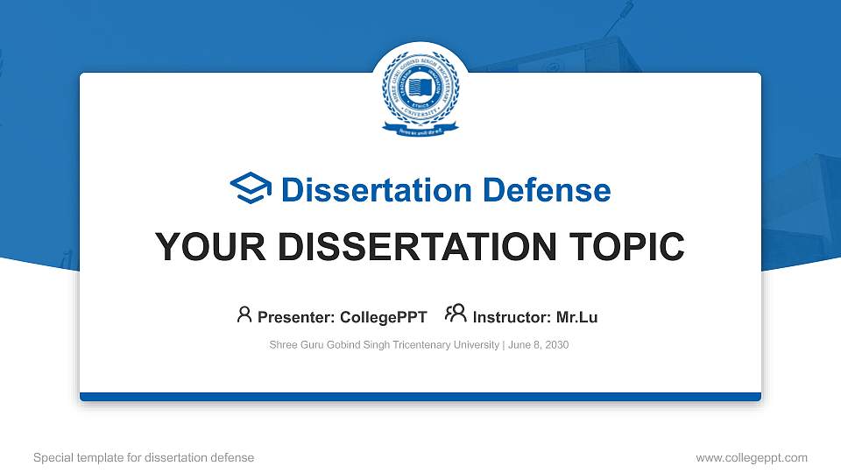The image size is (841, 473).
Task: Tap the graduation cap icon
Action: (251, 189)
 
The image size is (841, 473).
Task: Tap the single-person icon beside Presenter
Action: (244, 314)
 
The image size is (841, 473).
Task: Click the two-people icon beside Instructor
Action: (456, 314)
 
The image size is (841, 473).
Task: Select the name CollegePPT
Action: (384, 317)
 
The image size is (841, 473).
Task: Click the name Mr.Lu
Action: (577, 317)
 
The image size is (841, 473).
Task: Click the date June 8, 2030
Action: (538, 345)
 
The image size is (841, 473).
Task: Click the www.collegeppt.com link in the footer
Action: (752, 457)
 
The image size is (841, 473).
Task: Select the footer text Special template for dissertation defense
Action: (144, 457)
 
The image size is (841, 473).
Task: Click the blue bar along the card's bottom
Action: (420, 397)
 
